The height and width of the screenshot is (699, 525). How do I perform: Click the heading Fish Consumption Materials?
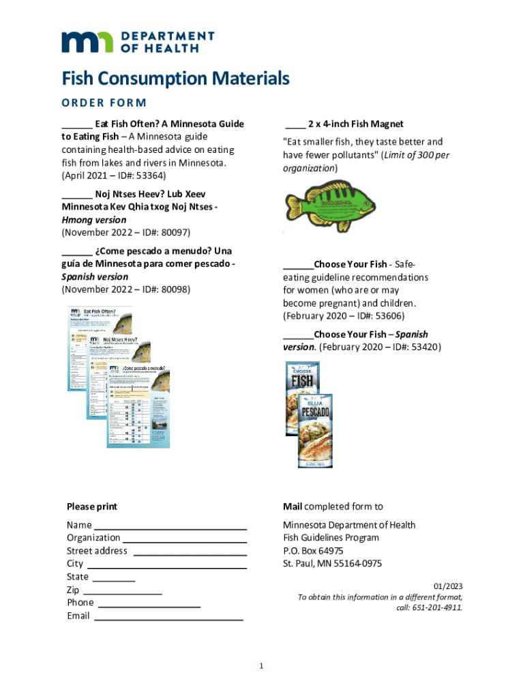[x=175, y=79]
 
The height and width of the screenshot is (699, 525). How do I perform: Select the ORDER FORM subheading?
[x=104, y=103]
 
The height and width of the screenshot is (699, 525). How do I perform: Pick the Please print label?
[x=91, y=507]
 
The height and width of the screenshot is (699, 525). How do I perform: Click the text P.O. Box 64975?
[x=313, y=550]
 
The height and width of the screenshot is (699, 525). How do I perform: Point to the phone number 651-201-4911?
[x=438, y=607]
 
